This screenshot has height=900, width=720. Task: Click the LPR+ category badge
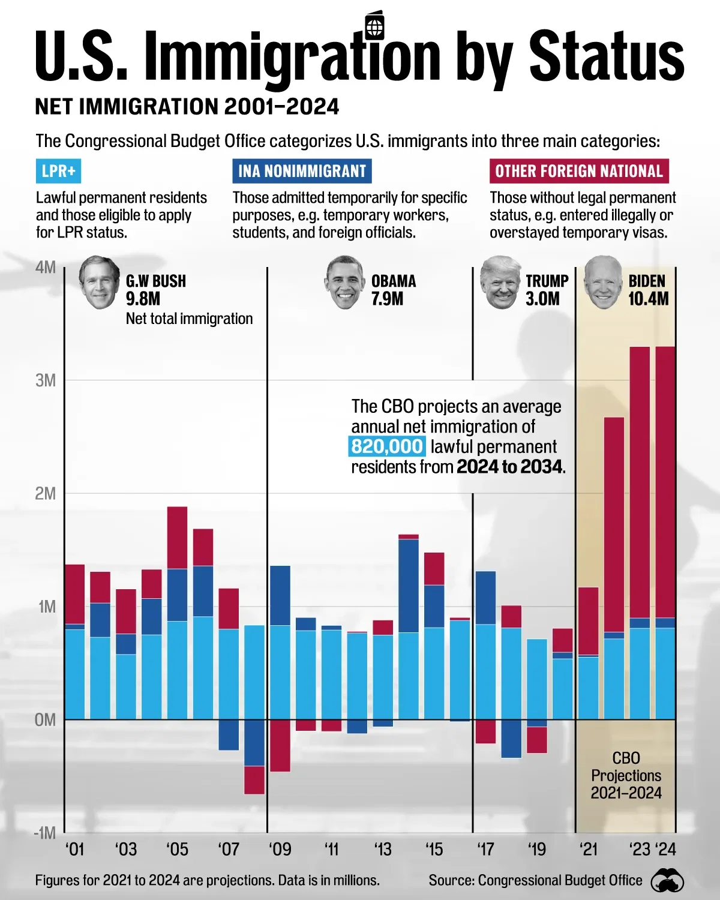[x=58, y=171]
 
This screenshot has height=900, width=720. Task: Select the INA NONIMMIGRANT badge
[x=302, y=171]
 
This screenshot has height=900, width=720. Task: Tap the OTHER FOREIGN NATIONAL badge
[x=578, y=171]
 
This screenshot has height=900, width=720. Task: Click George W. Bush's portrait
[x=99, y=283]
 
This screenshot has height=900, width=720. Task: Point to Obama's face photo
[x=344, y=283]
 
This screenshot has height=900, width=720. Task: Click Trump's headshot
[x=500, y=283]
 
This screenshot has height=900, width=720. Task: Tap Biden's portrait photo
[x=602, y=283]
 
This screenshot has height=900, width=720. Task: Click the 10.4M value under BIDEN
[x=648, y=299]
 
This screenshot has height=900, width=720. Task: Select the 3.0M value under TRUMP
[x=542, y=299]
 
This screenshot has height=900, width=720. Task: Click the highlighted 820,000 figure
[x=387, y=446]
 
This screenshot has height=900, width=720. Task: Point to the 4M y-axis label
[x=46, y=267]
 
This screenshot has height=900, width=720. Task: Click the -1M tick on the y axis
[x=44, y=833]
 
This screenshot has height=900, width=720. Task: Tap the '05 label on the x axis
[x=177, y=850]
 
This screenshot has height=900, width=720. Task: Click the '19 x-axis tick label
[x=537, y=850]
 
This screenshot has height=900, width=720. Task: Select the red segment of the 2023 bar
[x=640, y=480]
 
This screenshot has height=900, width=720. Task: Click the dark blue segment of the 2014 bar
[x=409, y=585]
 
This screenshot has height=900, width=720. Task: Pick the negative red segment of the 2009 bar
[x=280, y=745]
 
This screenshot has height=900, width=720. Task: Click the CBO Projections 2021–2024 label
[x=626, y=775]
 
